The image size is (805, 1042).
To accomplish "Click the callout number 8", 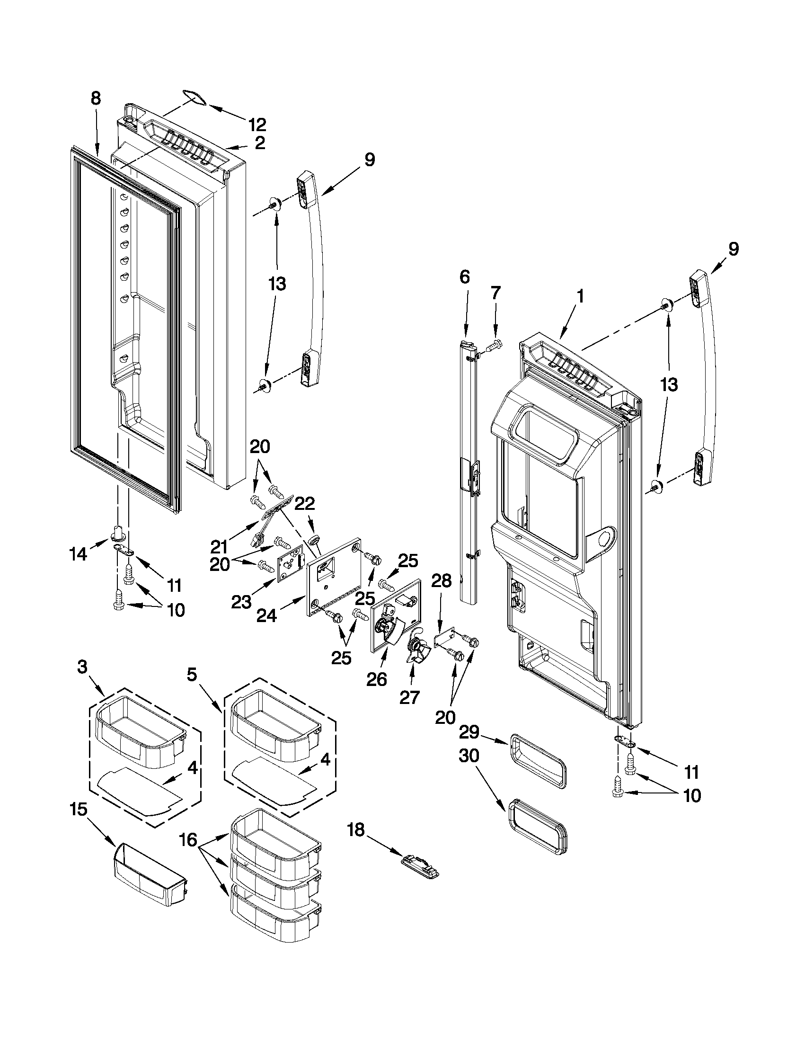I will pos(96,98).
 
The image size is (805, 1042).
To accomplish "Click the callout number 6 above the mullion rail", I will pos(465,277).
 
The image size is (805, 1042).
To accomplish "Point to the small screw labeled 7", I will pos(495,343).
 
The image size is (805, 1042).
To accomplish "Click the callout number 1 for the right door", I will pos(580,296).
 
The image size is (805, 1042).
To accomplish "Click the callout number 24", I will pos(266,617).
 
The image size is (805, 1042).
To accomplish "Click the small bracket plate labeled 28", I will pos(443,639).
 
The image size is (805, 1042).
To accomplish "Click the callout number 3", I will pos(82,667).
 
